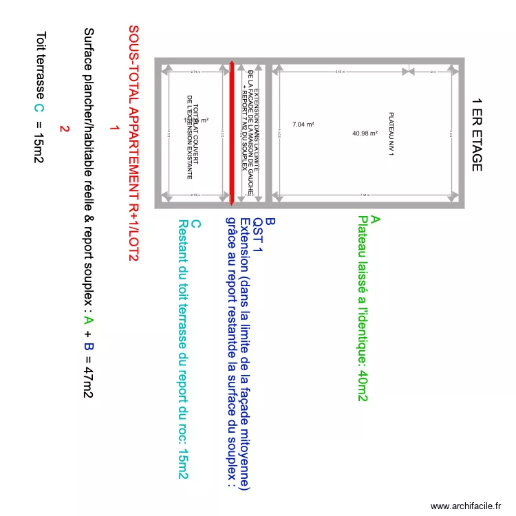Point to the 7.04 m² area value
303,125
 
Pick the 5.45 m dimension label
338,72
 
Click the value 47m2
87,376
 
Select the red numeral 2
64,129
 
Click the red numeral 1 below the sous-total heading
114,129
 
